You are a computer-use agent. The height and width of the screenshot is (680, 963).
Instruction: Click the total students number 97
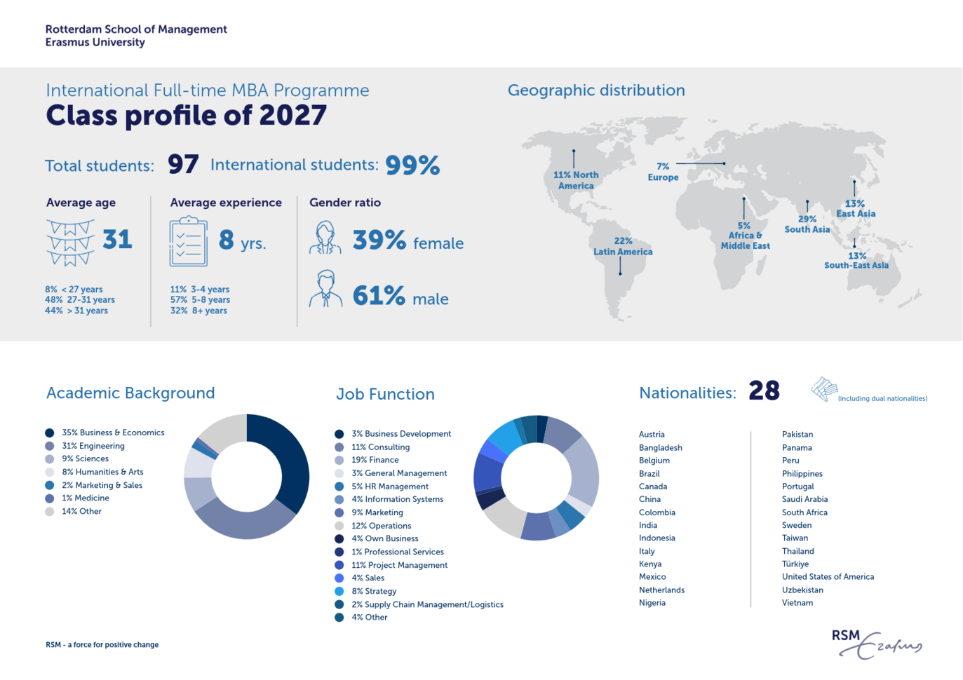point(183,165)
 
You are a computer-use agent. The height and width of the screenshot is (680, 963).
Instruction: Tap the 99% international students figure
point(412,165)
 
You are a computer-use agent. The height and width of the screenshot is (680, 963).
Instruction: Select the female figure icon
point(325,238)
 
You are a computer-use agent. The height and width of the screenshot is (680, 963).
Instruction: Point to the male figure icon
point(325,290)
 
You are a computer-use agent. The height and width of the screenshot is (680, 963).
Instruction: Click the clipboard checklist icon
point(188,242)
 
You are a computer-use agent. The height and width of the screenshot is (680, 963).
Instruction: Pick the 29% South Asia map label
point(807,224)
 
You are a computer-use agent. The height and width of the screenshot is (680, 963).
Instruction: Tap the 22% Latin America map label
point(623,246)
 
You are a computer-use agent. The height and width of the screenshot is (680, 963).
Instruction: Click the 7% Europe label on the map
point(663,172)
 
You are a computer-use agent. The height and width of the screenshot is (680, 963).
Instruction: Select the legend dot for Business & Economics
point(50,433)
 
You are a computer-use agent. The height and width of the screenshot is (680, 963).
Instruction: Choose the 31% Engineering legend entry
point(93,446)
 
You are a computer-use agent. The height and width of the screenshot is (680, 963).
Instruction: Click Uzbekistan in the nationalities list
point(802,590)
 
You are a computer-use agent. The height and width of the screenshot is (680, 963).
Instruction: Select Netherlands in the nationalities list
point(661,590)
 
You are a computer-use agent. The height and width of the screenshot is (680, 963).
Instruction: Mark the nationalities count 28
point(764,391)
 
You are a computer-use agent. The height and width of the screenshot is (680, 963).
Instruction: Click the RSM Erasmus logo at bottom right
point(876,644)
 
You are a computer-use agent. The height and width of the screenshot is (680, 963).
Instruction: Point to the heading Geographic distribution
point(596,90)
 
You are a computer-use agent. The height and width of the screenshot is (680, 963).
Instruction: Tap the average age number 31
point(117,240)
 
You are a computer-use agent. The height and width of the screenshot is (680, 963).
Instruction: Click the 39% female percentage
point(379,240)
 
